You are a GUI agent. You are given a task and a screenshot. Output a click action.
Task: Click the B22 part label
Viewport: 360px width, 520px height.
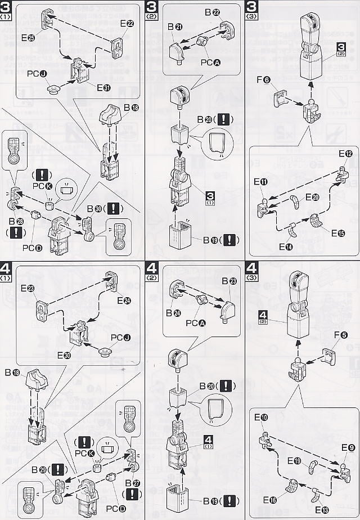click(x=211, y=11)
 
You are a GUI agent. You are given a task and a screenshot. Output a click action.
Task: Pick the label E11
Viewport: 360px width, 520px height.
click(x=260, y=182)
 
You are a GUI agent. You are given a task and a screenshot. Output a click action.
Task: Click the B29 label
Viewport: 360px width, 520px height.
click(x=39, y=468)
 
